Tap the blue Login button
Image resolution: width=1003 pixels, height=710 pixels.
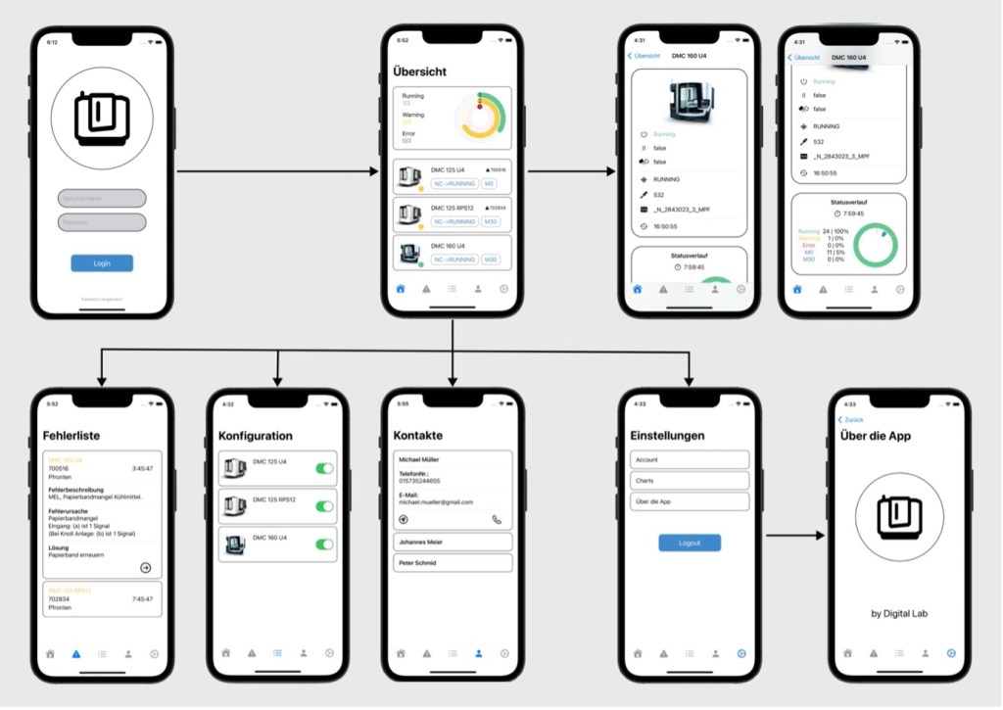point(102,263)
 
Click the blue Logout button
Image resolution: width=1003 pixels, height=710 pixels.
point(690,543)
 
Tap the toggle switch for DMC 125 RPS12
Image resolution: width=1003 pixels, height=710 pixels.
point(324,506)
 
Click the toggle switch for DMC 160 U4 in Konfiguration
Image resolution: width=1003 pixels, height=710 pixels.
point(324,544)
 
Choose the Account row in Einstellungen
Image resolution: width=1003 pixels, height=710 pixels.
point(690,459)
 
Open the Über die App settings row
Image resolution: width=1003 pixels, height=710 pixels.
point(690,501)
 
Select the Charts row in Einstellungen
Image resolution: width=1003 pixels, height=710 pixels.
point(690,481)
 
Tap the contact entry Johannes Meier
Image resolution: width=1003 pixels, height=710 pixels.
point(453,542)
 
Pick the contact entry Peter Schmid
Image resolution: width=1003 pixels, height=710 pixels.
point(453,563)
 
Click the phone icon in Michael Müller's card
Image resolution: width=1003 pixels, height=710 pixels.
point(497,520)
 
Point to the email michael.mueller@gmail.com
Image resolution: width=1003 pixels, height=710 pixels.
point(435,502)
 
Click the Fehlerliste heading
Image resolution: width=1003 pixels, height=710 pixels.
point(72,436)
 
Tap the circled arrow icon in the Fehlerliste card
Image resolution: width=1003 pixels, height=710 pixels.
point(146,567)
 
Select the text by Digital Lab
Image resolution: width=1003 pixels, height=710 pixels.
point(899,614)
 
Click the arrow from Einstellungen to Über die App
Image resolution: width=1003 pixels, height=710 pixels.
point(794,536)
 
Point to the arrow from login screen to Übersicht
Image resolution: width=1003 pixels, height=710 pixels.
point(277,171)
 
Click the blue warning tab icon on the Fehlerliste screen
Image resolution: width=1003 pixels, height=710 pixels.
point(76,653)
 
